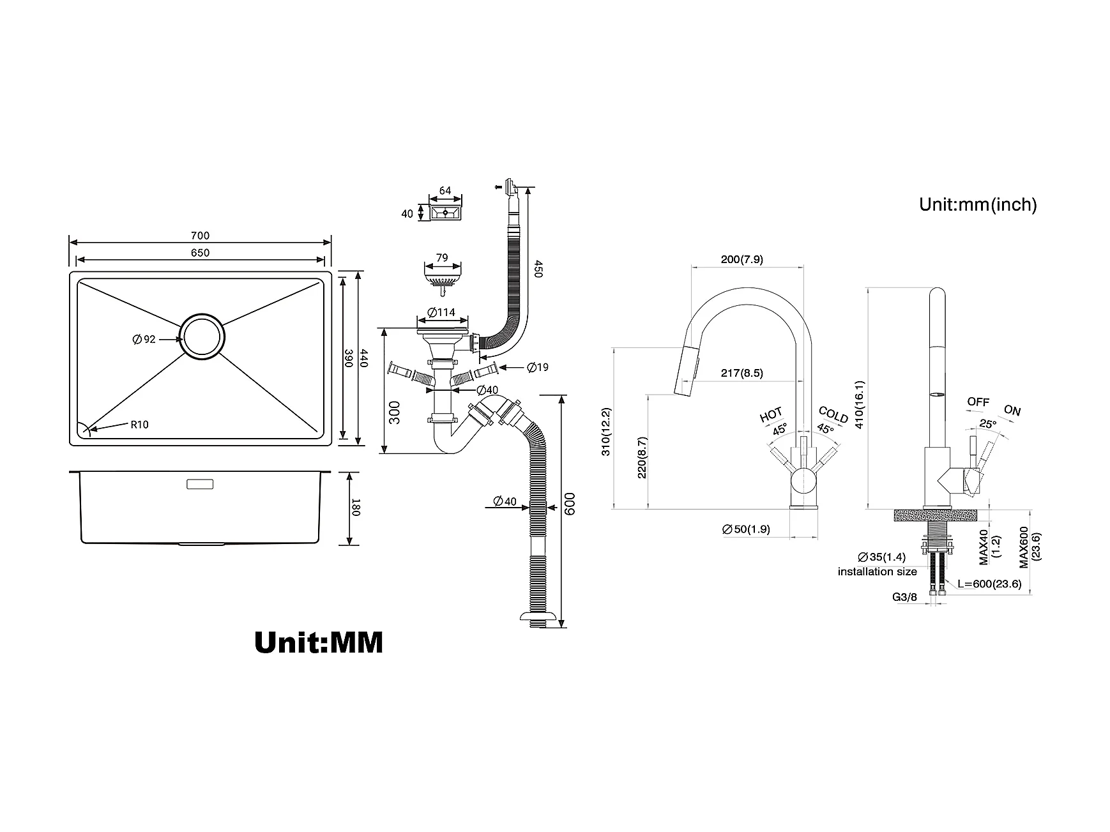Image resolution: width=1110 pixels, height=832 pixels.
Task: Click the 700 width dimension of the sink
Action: (200, 236)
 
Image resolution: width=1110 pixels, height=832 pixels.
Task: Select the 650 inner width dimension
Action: (200, 253)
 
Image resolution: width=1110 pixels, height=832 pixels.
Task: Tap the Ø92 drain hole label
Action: (144, 339)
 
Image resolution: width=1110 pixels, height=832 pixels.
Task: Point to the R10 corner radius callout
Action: (139, 425)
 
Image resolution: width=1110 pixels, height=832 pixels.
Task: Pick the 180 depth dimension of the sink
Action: (356, 509)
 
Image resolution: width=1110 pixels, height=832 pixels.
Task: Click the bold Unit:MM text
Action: (319, 642)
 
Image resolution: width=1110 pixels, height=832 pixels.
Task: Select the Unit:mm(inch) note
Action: (978, 204)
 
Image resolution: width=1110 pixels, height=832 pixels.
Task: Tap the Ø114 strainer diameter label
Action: (441, 312)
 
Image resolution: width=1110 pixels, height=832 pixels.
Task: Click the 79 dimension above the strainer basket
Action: (441, 258)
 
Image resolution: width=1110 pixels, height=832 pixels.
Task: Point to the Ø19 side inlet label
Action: (538, 367)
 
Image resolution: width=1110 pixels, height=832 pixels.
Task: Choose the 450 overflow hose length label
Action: (538, 269)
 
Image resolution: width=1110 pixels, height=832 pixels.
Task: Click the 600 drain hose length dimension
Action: (571, 504)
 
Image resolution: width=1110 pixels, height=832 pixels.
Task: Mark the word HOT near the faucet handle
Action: (771, 416)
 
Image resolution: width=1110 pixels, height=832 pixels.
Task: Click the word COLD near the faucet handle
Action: (833, 415)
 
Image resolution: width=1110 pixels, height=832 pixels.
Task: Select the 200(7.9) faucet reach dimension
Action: (741, 259)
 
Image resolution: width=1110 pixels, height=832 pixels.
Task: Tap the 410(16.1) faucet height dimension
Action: (860, 405)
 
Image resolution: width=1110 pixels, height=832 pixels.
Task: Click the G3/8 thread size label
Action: (904, 598)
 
